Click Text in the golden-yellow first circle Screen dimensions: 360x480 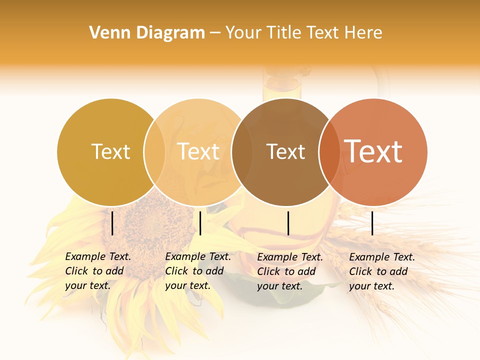[110, 151]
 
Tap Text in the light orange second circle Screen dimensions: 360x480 [198, 151]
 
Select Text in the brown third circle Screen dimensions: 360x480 [285, 151]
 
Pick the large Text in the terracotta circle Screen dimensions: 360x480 [373, 151]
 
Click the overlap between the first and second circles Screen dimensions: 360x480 [154, 151]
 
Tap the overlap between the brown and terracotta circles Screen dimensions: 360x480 [329, 151]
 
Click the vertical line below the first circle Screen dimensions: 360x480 [112, 223]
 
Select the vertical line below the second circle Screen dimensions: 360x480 [200, 223]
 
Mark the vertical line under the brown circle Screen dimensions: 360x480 [288, 223]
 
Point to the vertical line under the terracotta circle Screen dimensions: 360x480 [372, 223]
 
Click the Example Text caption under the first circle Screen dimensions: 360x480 [97, 271]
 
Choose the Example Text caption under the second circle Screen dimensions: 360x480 [197, 271]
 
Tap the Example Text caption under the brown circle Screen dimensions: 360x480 [289, 271]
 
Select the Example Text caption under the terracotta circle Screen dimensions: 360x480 [381, 271]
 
